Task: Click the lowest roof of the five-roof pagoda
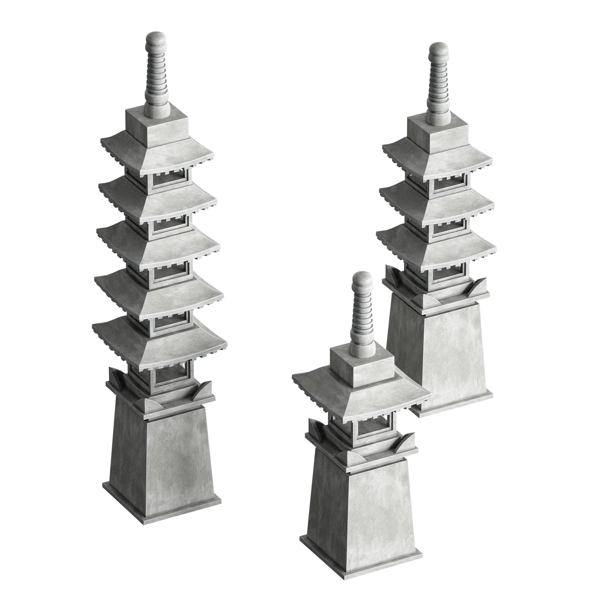click(x=160, y=342)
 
